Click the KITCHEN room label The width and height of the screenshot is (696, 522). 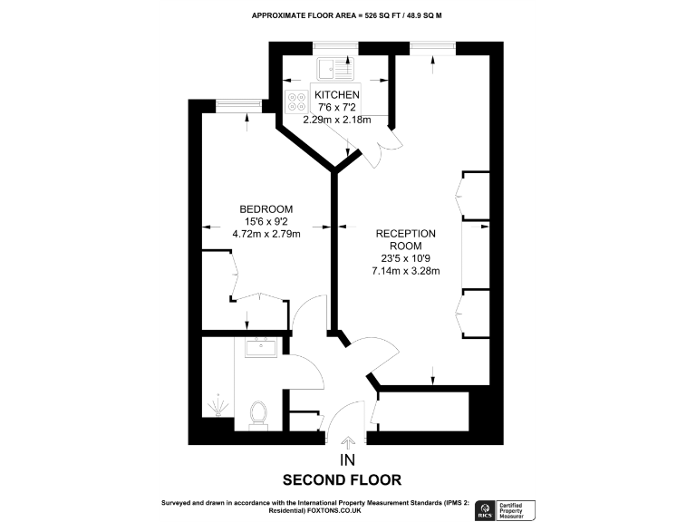coord(337,95)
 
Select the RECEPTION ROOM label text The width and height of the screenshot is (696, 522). coord(406,239)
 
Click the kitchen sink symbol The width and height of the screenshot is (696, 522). coord(336,68)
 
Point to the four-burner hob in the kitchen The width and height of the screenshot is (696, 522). coord(295,101)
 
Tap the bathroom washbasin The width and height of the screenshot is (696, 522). coord(263,345)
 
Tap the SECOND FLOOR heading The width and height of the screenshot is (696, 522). coord(342,480)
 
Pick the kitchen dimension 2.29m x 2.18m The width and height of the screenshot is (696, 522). coord(337,121)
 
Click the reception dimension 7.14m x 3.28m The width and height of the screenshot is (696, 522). coord(406,270)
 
